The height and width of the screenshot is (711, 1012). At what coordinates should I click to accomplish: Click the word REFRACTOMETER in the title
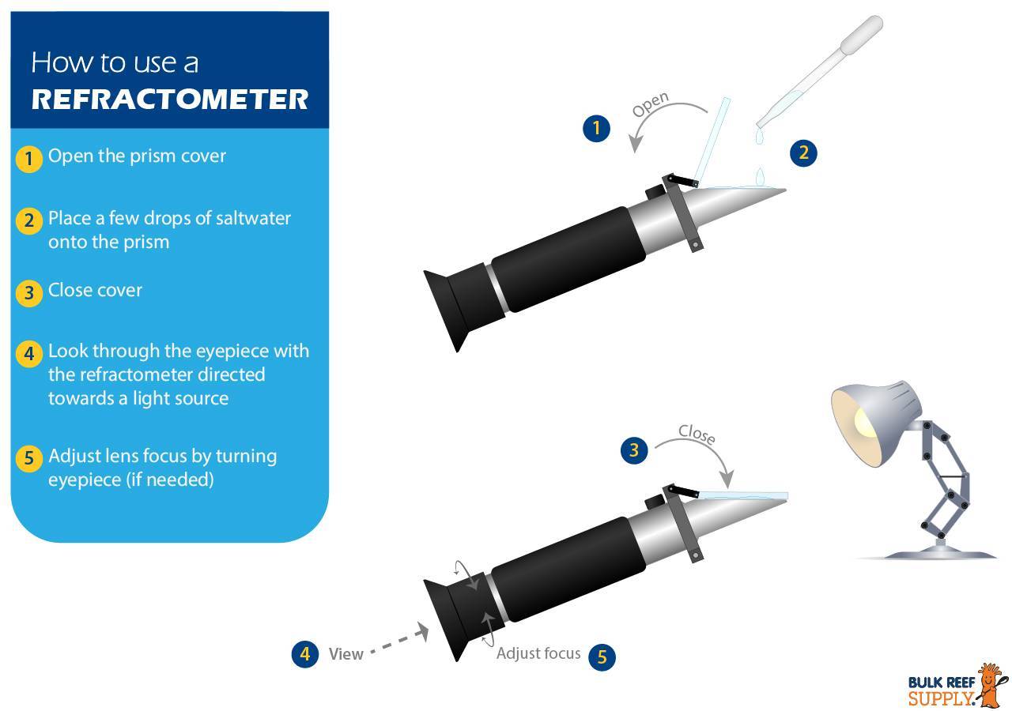(x=170, y=99)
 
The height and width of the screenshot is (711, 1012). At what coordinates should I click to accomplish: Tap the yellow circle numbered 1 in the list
(x=29, y=159)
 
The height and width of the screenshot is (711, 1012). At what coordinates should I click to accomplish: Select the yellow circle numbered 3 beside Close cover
(x=29, y=293)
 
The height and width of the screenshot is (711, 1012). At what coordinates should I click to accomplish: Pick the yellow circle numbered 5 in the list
(x=29, y=457)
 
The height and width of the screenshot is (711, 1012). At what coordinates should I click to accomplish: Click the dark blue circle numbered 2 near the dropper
(x=803, y=152)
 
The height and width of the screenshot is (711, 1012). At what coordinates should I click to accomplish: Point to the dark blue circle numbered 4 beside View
(x=305, y=653)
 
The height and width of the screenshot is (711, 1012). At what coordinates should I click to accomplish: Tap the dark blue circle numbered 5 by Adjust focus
(x=602, y=656)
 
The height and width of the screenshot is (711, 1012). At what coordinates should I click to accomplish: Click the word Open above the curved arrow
(x=651, y=104)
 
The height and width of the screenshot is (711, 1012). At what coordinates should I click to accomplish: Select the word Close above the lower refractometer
(x=697, y=434)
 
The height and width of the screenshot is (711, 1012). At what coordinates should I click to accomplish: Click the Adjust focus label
(x=538, y=653)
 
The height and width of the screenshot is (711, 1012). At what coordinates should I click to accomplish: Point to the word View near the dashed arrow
(x=346, y=653)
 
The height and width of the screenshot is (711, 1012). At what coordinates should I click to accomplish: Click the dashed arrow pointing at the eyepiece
(x=399, y=639)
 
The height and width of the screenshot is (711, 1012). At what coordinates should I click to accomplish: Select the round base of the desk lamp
(x=941, y=553)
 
